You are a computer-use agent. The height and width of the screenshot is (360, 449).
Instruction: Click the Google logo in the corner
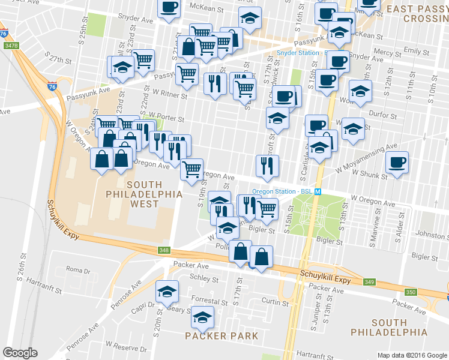tap(20, 353)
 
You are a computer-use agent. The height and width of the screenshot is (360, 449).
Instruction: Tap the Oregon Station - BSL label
tap(282, 191)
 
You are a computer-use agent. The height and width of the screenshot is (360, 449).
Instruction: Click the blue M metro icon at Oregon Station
tap(319, 191)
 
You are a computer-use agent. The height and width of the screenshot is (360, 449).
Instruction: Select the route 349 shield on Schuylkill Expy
tap(369, 281)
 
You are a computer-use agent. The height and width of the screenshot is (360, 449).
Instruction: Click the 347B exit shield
tap(11, 46)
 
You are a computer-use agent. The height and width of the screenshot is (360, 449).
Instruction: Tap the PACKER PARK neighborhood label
tap(221, 335)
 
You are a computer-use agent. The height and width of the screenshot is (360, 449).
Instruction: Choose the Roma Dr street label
tap(77, 271)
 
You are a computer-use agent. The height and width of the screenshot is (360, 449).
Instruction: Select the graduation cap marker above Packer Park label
tap(202, 316)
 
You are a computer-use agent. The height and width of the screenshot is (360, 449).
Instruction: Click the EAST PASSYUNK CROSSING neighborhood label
tap(417, 14)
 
